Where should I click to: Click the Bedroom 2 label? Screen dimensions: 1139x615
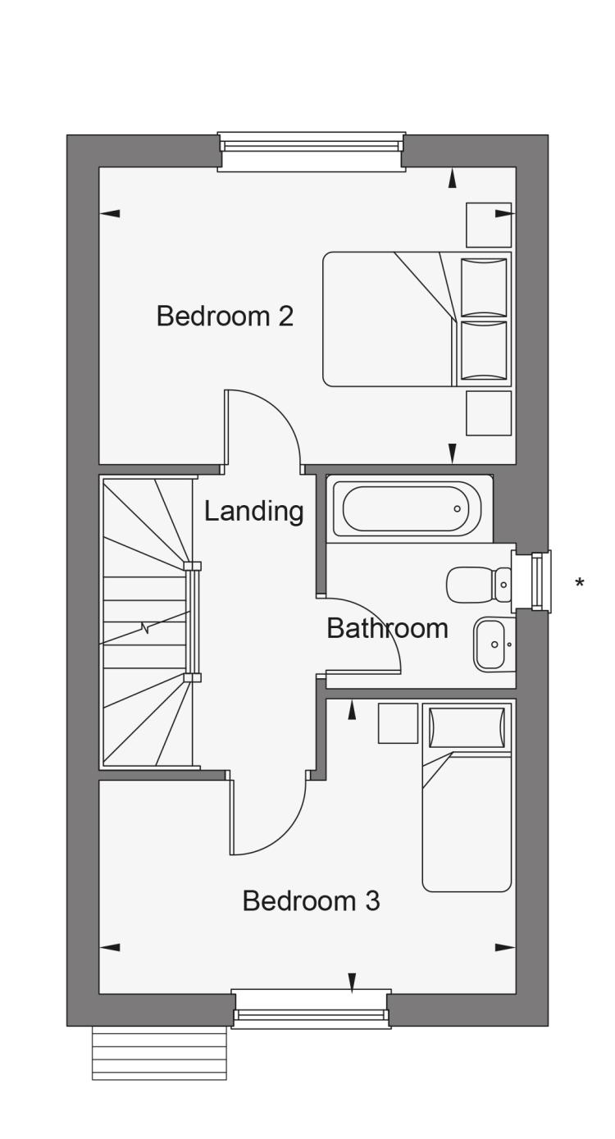(225, 316)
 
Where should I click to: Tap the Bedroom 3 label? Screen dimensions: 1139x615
(311, 901)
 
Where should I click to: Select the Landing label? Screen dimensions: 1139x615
(253, 511)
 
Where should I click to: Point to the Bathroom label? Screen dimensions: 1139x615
(387, 628)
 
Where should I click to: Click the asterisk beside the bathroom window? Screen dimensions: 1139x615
(580, 584)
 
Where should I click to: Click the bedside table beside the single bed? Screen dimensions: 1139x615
(398, 723)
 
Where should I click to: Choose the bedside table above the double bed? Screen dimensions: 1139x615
(489, 225)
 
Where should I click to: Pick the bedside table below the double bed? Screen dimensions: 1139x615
(489, 413)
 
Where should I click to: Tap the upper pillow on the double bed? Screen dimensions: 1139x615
(484, 287)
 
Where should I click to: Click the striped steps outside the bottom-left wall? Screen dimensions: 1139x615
(159, 1053)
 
